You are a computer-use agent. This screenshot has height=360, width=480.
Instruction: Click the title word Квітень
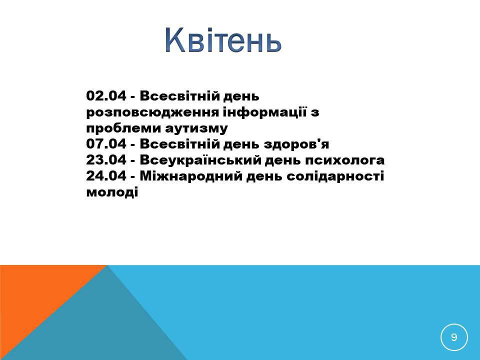tap(223, 40)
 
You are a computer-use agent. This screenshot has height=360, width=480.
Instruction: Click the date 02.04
tap(106, 96)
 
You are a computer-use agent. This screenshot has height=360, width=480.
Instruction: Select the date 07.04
tap(106, 144)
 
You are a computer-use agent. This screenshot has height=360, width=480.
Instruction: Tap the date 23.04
tap(106, 160)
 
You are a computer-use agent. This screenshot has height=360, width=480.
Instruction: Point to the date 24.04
tap(106, 176)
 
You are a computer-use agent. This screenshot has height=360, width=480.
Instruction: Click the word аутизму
tap(196, 129)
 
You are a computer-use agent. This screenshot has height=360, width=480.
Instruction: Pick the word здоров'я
tap(296, 144)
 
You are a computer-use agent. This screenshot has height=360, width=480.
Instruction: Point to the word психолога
tap(344, 160)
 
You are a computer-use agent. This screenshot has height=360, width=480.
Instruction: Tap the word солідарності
tap(335, 176)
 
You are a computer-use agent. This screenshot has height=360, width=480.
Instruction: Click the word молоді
tap(112, 192)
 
